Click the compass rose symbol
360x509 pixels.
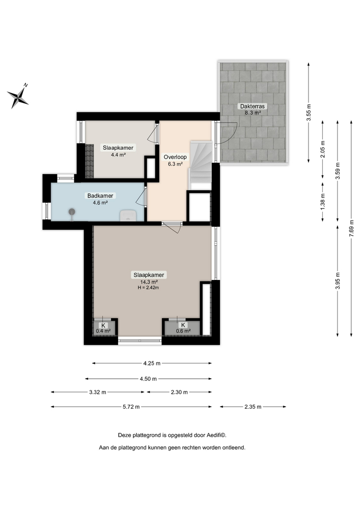(18, 96)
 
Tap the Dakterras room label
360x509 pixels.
(250, 106)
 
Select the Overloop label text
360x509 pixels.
(175, 157)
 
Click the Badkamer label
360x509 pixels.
(100, 195)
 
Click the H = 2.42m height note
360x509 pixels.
(148, 288)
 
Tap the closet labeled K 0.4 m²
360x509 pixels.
(103, 328)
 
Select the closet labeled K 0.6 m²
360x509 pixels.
(182, 328)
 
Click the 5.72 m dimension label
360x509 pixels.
(131, 407)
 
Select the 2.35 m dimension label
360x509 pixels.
(253, 407)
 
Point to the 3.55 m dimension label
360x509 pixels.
(309, 112)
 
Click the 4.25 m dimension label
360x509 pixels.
(152, 363)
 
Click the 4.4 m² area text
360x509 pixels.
(118, 155)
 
